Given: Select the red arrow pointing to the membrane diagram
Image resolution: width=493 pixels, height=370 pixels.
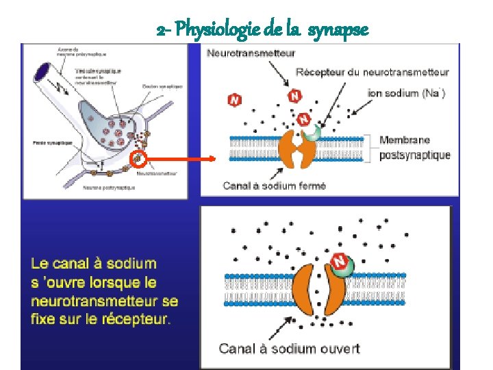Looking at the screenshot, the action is tap(181, 159).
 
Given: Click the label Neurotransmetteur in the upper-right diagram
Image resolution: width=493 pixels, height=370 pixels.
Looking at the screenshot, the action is tap(252, 53).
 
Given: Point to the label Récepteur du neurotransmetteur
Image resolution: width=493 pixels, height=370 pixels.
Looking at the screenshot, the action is tap(372, 72).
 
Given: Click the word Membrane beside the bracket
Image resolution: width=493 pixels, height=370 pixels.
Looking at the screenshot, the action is tap(405, 140).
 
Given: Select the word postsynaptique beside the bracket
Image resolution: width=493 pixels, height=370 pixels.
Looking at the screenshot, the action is tap(415, 155).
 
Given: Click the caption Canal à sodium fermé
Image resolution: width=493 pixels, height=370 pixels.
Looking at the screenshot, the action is tap(274, 185).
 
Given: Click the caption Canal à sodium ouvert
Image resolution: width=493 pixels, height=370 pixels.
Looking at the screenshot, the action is tap(288, 349).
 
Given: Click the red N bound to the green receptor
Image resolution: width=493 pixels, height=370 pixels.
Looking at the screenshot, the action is tap(338, 261).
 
